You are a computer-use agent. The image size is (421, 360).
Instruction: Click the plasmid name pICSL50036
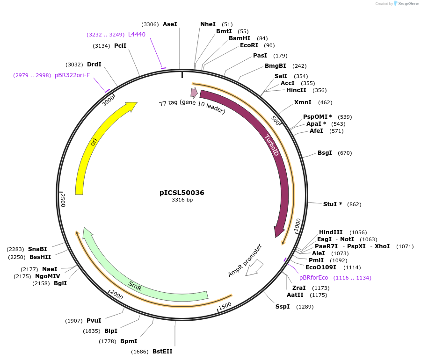coord(182,192)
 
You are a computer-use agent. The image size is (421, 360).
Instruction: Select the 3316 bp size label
coord(182,200)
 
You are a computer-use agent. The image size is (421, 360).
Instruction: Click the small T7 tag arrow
coord(193,93)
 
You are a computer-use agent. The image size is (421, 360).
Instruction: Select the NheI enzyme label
coord(208,24)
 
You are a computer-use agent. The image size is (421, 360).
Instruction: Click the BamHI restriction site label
coord(240,38)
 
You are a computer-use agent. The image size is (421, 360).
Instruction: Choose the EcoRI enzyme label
coord(249,45)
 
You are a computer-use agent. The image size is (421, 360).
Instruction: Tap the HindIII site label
coord(331,232)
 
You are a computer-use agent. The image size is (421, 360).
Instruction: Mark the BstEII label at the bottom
coord(162,352)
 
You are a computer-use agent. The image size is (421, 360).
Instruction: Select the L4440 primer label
coord(137,35)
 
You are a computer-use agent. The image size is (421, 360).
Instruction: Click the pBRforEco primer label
coord(314,278)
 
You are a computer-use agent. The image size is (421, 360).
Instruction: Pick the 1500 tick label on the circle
coord(225,305)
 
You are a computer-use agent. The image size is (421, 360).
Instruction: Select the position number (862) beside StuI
coord(354,204)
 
